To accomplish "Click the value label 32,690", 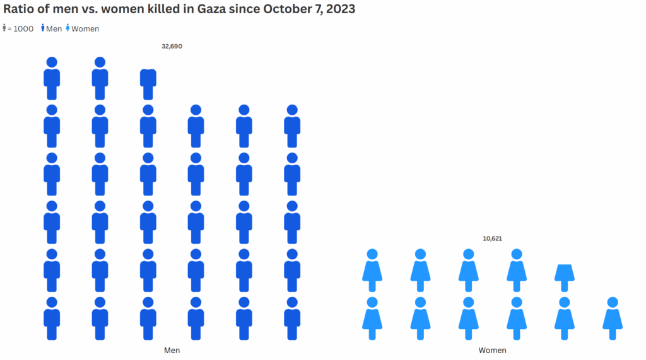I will [x=172, y=46].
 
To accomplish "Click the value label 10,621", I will [x=492, y=238].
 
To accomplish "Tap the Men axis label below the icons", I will [x=172, y=350].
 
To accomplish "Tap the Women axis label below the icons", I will [x=492, y=350].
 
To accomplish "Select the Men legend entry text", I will [x=54, y=29].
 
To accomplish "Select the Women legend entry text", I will [x=85, y=29].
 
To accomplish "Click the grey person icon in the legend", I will [x=5, y=28].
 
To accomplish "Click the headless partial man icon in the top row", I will [x=148, y=84].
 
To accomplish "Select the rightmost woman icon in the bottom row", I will [x=613, y=318].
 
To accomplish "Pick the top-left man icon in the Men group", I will [x=52, y=79].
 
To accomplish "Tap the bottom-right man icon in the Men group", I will [x=292, y=318].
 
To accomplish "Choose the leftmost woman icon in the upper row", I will [x=372, y=270].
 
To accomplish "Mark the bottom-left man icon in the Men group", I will [x=52, y=318].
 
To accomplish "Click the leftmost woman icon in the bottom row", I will [x=372, y=318].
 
